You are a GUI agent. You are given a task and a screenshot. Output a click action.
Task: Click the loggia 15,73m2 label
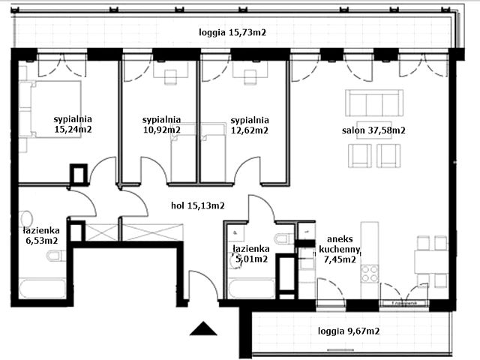coord(232,32)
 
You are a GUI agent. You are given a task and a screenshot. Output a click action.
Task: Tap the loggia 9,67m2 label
coord(348,330)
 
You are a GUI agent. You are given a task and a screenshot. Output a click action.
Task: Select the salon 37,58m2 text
coord(373,130)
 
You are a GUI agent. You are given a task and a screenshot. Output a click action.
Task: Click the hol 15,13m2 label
coord(198,203)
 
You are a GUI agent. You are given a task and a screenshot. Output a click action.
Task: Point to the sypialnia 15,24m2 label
coord(73,124)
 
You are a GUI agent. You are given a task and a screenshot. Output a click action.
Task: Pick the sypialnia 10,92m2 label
coord(161,124)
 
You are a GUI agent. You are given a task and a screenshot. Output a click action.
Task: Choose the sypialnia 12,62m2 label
coord(249,124)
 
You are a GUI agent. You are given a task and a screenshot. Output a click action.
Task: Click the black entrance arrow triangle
coord(202,328)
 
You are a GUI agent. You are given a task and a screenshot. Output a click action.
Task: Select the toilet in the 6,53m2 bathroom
coord(54,257)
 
